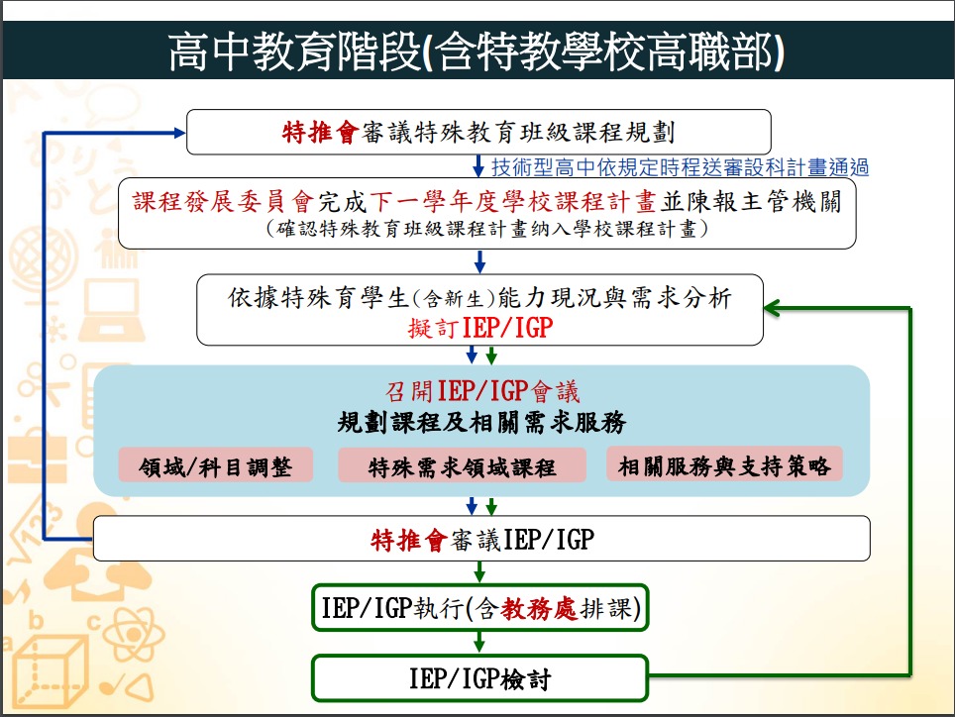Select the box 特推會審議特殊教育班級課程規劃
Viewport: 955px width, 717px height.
coord(478,131)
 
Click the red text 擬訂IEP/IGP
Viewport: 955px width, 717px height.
coord(478,327)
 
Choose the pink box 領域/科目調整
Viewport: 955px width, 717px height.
coord(215,466)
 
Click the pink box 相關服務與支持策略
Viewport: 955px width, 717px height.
coord(724,464)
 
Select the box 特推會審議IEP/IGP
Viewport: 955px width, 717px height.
coord(481,539)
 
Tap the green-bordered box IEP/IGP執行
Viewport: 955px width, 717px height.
coord(480,608)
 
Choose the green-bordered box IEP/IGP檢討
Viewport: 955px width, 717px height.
coord(479,679)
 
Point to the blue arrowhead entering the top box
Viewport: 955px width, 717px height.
coord(178,131)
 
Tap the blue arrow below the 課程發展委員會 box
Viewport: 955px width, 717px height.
coord(480,260)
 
